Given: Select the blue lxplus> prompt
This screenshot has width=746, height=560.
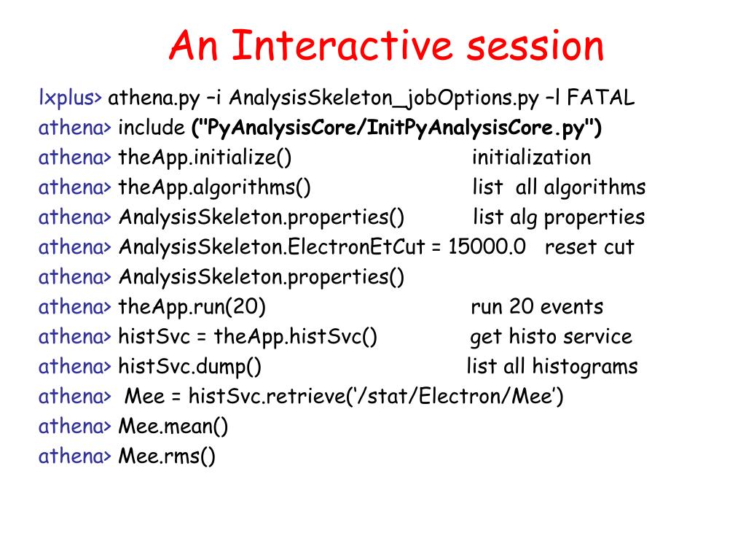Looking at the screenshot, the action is (x=71, y=98).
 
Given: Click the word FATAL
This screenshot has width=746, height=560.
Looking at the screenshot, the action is (x=601, y=98).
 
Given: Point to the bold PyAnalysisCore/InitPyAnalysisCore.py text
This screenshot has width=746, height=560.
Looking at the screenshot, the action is (x=396, y=128).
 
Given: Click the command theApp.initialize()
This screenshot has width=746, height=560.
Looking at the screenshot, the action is (x=205, y=157).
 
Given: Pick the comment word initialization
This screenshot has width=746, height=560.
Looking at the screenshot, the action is (x=531, y=157).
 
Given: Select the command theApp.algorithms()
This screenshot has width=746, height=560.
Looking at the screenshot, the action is (x=215, y=187).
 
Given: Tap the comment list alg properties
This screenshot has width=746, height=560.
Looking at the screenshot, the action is (x=559, y=217).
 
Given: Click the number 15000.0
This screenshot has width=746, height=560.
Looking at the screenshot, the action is (x=487, y=246).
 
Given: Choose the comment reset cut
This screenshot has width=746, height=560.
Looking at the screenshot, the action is (x=589, y=247).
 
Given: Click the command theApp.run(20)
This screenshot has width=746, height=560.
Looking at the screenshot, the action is (x=192, y=307).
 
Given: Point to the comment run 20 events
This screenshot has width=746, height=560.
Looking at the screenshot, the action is (x=537, y=307).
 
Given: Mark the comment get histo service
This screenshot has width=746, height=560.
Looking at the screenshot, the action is (x=551, y=337).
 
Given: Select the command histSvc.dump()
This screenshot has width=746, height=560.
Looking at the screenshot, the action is (x=190, y=367).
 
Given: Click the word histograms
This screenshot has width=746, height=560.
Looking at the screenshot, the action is (x=585, y=367).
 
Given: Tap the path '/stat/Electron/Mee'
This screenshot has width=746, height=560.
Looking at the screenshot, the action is (x=457, y=397).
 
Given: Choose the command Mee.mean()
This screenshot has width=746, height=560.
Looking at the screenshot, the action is (x=173, y=427).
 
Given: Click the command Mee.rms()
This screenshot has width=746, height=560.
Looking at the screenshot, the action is (x=167, y=456).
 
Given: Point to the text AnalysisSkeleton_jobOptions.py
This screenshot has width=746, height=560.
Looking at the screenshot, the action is (x=384, y=98).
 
